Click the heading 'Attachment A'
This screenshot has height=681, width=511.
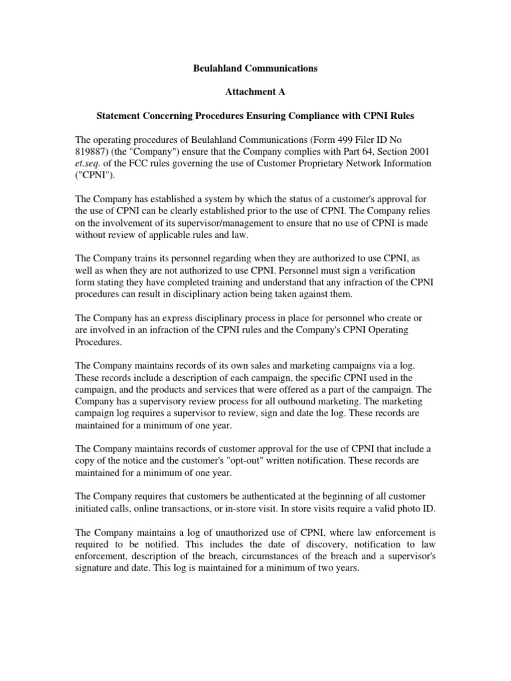coord(255,92)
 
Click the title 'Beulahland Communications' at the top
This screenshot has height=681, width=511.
coord(255,68)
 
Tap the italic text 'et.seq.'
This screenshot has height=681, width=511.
coord(88,164)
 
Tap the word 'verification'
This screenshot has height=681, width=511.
coord(373,271)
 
